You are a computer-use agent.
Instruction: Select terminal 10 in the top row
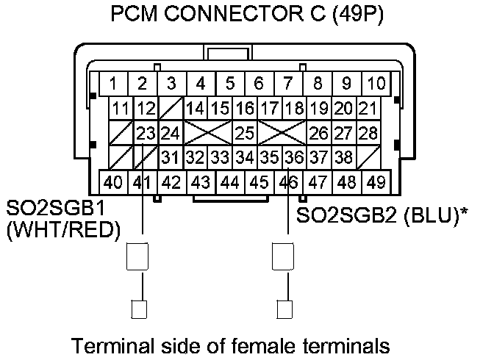click(x=376, y=83)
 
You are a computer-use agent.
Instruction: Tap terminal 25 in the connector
click(x=244, y=134)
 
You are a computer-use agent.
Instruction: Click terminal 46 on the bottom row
click(x=289, y=181)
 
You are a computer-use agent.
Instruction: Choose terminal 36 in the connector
click(x=294, y=157)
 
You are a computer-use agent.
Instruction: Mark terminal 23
click(x=147, y=134)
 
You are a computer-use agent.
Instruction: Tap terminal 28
click(x=368, y=134)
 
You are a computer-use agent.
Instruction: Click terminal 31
click(x=171, y=157)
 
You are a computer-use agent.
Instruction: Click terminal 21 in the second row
click(x=367, y=109)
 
